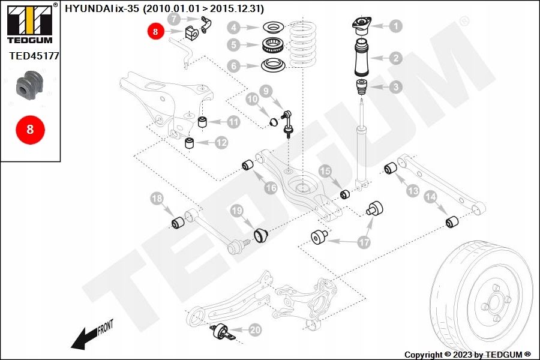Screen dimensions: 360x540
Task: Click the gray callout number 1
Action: click(x=395, y=26)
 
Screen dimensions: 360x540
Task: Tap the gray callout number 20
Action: click(x=255, y=329)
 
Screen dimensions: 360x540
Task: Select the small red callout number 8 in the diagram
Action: click(x=155, y=32)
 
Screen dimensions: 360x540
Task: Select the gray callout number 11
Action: click(x=233, y=122)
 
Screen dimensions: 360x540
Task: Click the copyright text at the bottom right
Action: click(x=467, y=355)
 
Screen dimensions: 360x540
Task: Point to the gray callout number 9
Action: click(x=266, y=92)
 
